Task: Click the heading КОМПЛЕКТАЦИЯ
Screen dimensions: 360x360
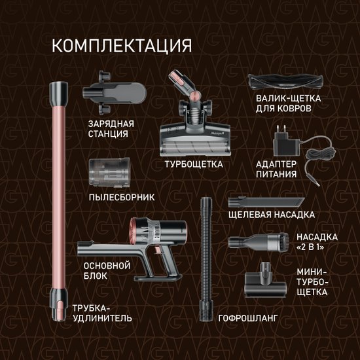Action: (122, 46)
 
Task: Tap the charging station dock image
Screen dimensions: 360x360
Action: (114, 93)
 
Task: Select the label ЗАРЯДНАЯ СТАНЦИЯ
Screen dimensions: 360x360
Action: (111, 129)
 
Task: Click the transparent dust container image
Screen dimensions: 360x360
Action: (109, 172)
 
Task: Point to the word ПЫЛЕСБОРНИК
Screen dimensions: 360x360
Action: (122, 198)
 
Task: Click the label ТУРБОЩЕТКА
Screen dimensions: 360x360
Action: (194, 164)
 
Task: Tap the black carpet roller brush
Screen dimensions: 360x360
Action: (285, 82)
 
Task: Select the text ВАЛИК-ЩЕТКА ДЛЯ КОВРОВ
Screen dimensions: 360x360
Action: (289, 103)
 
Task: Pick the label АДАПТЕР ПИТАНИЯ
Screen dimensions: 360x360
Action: (276, 170)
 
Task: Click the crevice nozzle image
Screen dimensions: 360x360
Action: (266, 202)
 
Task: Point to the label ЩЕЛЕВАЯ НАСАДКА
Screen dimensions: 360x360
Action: (272, 215)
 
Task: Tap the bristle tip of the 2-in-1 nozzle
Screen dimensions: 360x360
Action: (283, 242)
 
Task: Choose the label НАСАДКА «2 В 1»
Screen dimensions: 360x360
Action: (317, 242)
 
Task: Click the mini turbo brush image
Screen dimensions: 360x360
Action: (266, 280)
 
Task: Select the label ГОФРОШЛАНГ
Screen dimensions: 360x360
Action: (248, 318)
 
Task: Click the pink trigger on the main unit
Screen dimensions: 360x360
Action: (158, 249)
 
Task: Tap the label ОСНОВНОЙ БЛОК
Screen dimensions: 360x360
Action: (107, 271)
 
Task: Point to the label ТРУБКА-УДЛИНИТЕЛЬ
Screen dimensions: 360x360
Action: (102, 313)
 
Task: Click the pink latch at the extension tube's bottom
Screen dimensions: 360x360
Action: (60, 308)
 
